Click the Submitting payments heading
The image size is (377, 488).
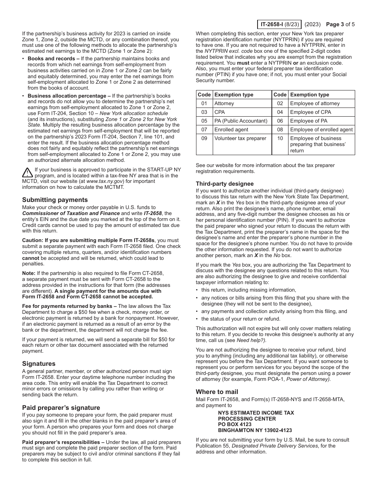(55, 200)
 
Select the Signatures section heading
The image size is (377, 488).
(39, 364)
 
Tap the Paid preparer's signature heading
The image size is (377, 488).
(61, 408)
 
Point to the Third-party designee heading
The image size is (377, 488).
(225, 184)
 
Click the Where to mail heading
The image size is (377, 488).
(217, 392)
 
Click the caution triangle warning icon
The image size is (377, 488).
(27, 173)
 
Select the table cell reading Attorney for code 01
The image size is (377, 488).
(224, 104)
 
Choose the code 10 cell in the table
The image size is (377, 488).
(280, 138)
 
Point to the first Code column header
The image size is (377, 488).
(204, 95)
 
